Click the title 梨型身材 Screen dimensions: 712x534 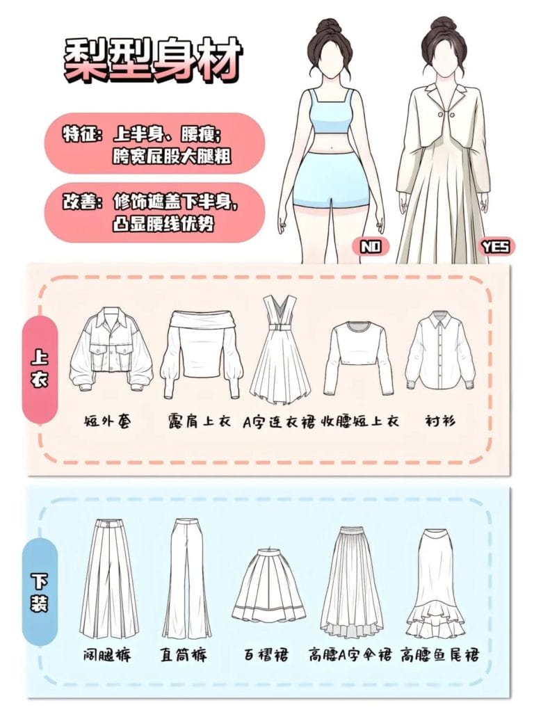click(153, 59)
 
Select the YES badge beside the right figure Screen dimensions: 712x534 click(494, 246)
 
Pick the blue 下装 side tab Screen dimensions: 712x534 click(40, 588)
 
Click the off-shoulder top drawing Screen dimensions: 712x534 click(202, 352)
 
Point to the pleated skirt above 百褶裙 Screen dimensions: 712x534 click(268, 585)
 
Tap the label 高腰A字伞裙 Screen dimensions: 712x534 click(350, 655)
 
